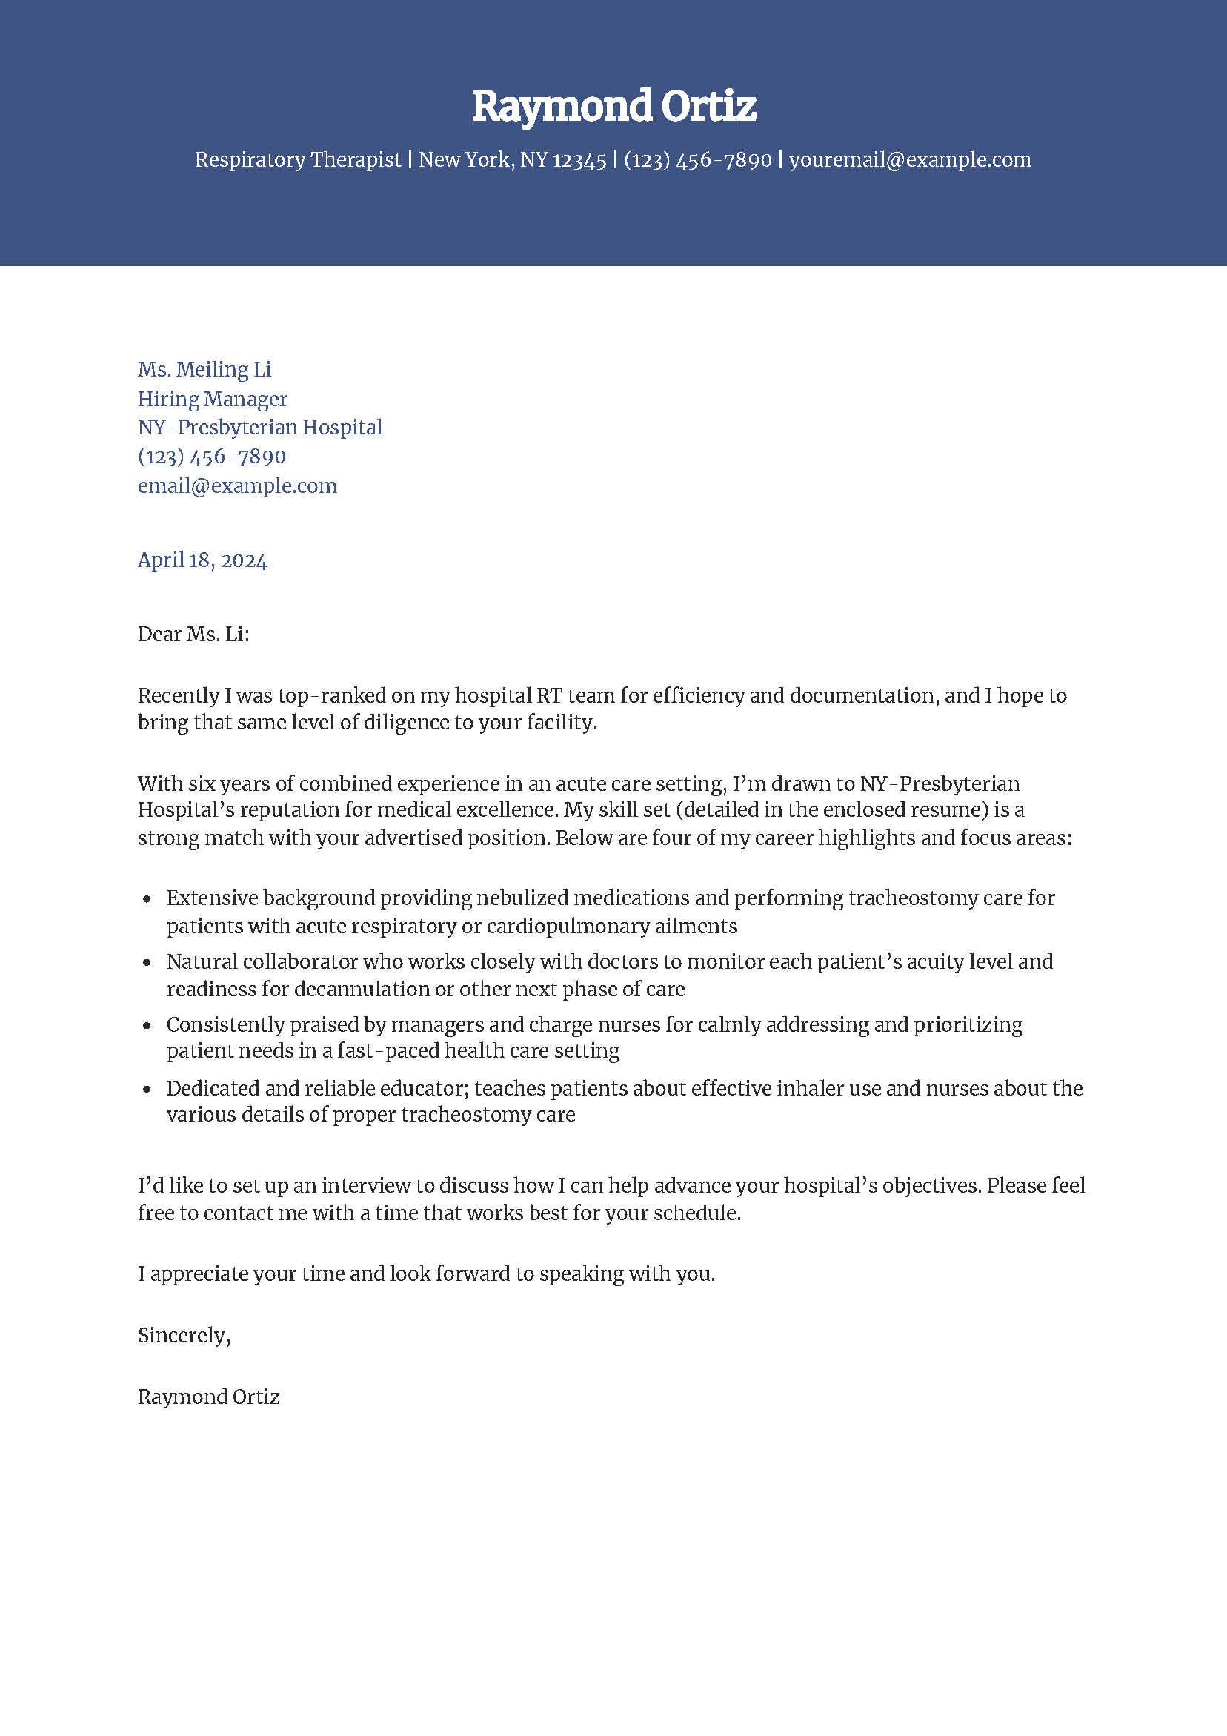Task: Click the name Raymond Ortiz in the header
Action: click(x=613, y=106)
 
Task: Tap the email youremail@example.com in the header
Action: click(x=909, y=159)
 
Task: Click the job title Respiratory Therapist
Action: click(x=298, y=159)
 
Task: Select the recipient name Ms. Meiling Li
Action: click(x=204, y=369)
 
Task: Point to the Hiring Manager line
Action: click(x=213, y=399)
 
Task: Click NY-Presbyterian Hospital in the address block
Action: click(x=259, y=427)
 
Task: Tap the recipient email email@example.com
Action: click(x=236, y=486)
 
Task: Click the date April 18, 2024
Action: click(x=202, y=560)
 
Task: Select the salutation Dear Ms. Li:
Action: click(x=193, y=634)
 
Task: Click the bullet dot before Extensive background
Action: click(x=147, y=899)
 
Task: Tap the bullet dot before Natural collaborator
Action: click(x=147, y=963)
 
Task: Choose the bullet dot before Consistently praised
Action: click(x=147, y=1026)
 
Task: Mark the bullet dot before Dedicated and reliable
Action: click(x=147, y=1090)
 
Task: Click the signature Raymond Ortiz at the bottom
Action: click(x=209, y=1397)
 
